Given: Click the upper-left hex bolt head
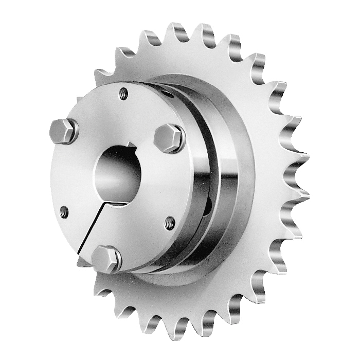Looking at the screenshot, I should click(x=63, y=131).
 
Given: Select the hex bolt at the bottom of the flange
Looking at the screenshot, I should click(x=107, y=258).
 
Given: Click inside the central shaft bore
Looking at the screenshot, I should click(x=121, y=175).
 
